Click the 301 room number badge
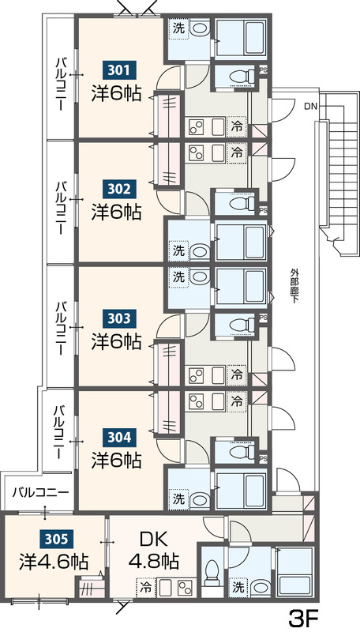120,70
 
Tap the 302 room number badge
120,189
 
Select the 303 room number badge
120,318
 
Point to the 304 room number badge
120,437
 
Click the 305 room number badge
57,538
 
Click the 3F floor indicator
304,616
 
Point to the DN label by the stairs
310,107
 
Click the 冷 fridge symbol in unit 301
237,126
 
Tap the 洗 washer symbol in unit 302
178,250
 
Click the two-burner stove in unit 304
197,401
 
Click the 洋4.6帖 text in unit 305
54,562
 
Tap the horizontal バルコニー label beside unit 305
40,492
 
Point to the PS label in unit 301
263,70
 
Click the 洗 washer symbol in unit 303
178,277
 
